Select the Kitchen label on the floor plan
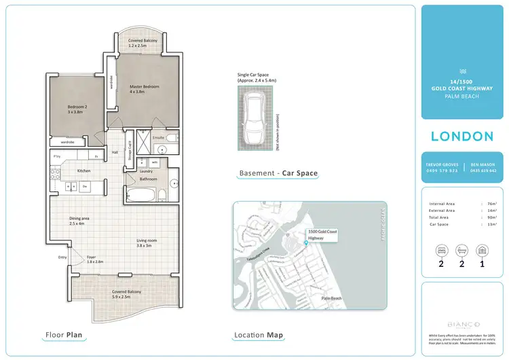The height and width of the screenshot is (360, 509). click(83, 170)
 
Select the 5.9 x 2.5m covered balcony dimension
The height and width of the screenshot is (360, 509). click(126, 296)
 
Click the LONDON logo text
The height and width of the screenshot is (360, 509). click(461, 137)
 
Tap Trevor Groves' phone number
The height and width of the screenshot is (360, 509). click(442, 170)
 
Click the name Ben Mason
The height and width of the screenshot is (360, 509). click(483, 164)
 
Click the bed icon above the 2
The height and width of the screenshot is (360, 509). click(441, 250)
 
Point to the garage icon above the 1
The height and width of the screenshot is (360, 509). click(483, 250)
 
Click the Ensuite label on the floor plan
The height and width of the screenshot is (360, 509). click(159, 138)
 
